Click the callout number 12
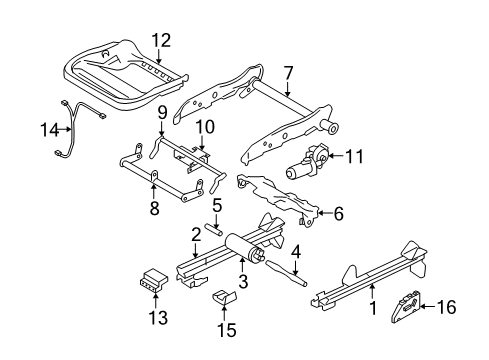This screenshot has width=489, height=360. click(x=162, y=40)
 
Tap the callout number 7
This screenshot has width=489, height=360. click(x=288, y=72)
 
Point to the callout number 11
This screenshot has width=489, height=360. click(x=353, y=155)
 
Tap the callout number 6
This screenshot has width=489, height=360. click(x=338, y=213)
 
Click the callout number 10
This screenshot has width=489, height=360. click(x=205, y=127)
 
